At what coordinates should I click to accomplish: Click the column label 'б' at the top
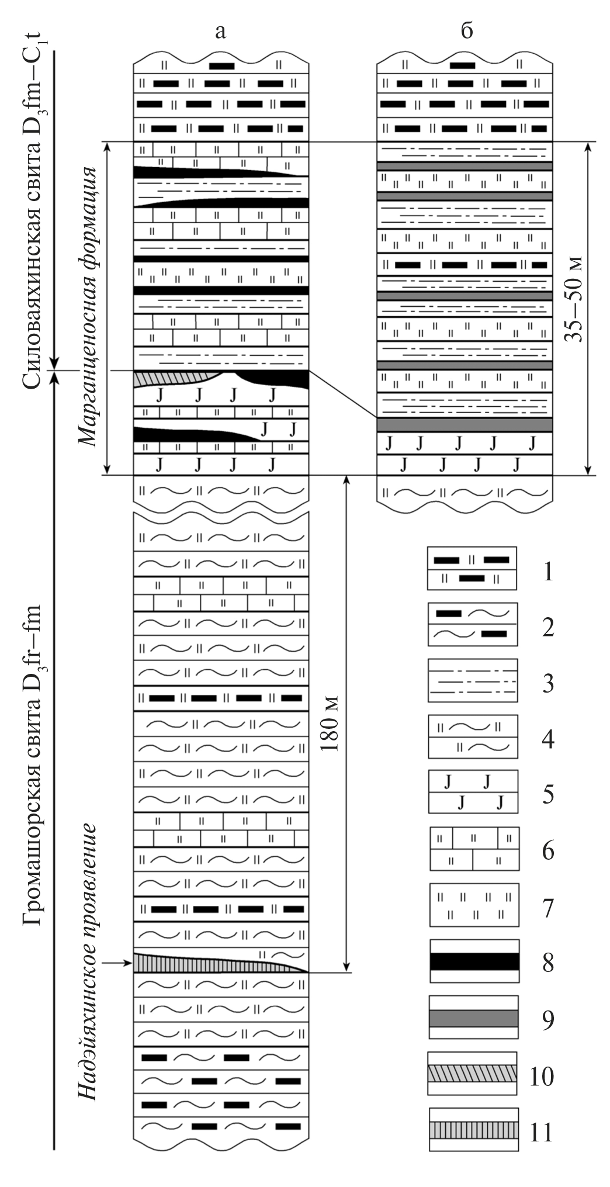pos(466,31)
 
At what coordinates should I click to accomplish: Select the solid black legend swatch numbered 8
pos(474,961)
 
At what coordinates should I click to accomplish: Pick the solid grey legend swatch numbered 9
pos(474,1018)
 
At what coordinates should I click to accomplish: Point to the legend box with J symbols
pos(473,792)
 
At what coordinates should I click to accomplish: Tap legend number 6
pos(547,852)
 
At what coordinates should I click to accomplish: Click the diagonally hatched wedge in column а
pos(169,379)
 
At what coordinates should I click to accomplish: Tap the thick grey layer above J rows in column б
pos(465,425)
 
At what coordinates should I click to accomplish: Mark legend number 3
pos(547,683)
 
